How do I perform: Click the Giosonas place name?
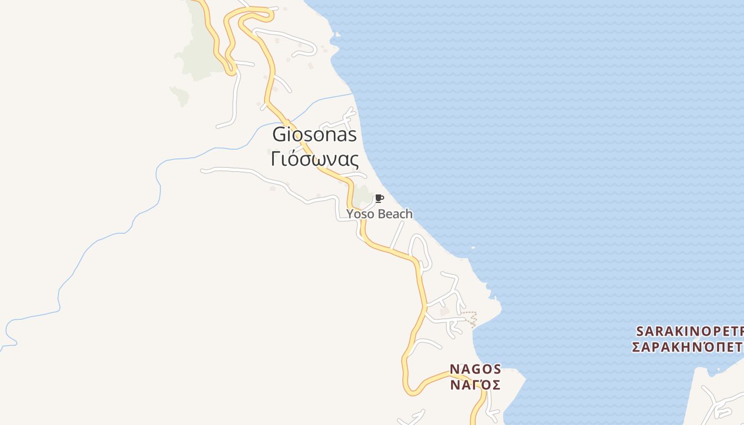[x=314, y=134]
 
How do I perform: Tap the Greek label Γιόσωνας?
[x=314, y=158]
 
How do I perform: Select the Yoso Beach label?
[x=379, y=214]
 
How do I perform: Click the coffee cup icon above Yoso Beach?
[x=379, y=199]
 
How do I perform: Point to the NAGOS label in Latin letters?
[x=475, y=369]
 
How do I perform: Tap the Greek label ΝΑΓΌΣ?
[x=475, y=384]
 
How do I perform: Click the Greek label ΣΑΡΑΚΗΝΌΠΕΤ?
[x=687, y=347]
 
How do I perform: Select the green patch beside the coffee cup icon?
[x=363, y=195]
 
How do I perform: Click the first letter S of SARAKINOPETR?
[x=640, y=331]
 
